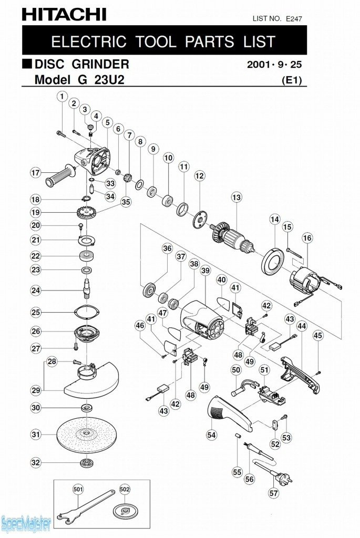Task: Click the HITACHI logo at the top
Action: pos(64,14)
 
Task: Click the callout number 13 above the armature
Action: pos(236,198)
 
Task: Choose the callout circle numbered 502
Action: pos(125,489)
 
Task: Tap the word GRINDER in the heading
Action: pos(102,65)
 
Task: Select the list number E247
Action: pos(294,18)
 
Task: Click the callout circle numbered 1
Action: pos(63,97)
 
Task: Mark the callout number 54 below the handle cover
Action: pos(212,435)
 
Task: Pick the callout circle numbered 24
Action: pos(36,290)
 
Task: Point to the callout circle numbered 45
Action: pos(318,335)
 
